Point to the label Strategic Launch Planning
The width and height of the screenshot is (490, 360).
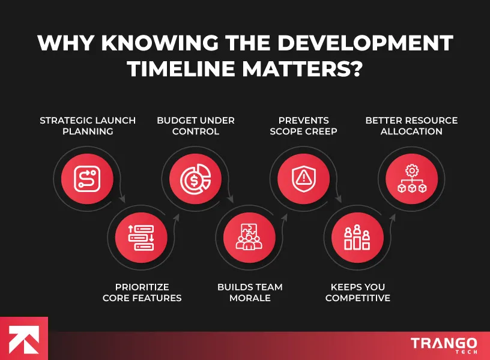88,125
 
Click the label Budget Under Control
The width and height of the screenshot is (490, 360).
196,125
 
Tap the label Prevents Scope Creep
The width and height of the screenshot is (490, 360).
303,125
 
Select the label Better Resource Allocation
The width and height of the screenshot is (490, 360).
411,125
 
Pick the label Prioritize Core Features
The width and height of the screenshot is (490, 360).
142,292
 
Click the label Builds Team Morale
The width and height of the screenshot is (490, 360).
250,292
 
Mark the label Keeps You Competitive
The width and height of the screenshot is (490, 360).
358,292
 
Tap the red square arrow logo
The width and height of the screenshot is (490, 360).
23,338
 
